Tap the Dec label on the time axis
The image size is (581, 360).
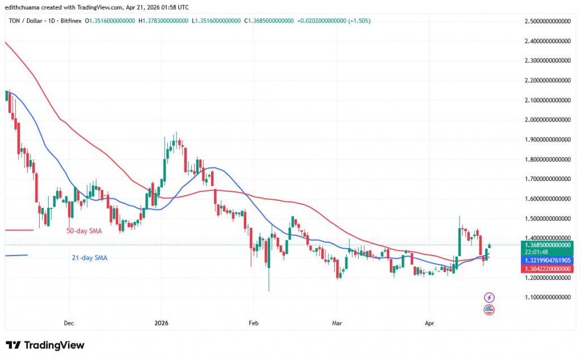coord(69,323)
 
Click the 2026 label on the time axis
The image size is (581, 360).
coord(162,323)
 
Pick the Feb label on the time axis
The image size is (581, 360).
coord(254,323)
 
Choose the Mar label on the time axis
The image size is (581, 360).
coord(337,323)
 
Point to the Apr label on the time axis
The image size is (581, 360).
coord(429,323)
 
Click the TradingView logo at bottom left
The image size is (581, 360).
coord(45,345)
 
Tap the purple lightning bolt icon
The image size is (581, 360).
coord(489,297)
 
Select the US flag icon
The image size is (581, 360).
coord(489,309)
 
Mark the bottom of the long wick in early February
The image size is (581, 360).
coord(269,291)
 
